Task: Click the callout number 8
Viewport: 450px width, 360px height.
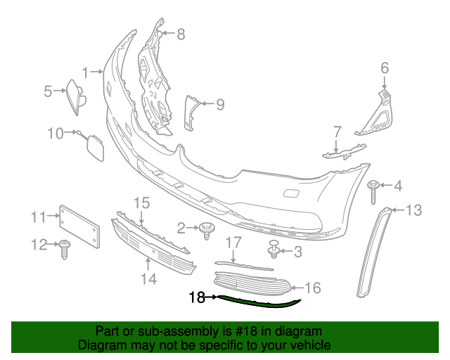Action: [x=181, y=33]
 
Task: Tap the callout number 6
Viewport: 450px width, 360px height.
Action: [x=385, y=68]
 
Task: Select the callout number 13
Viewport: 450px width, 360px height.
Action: [x=413, y=210]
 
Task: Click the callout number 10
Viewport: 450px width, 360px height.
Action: [x=56, y=132]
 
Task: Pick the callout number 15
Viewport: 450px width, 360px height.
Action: [x=142, y=202]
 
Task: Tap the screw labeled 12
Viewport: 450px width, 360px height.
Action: [x=65, y=247]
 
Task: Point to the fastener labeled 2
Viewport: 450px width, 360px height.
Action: [x=207, y=229]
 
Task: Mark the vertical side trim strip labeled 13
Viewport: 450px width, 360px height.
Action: [x=374, y=250]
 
